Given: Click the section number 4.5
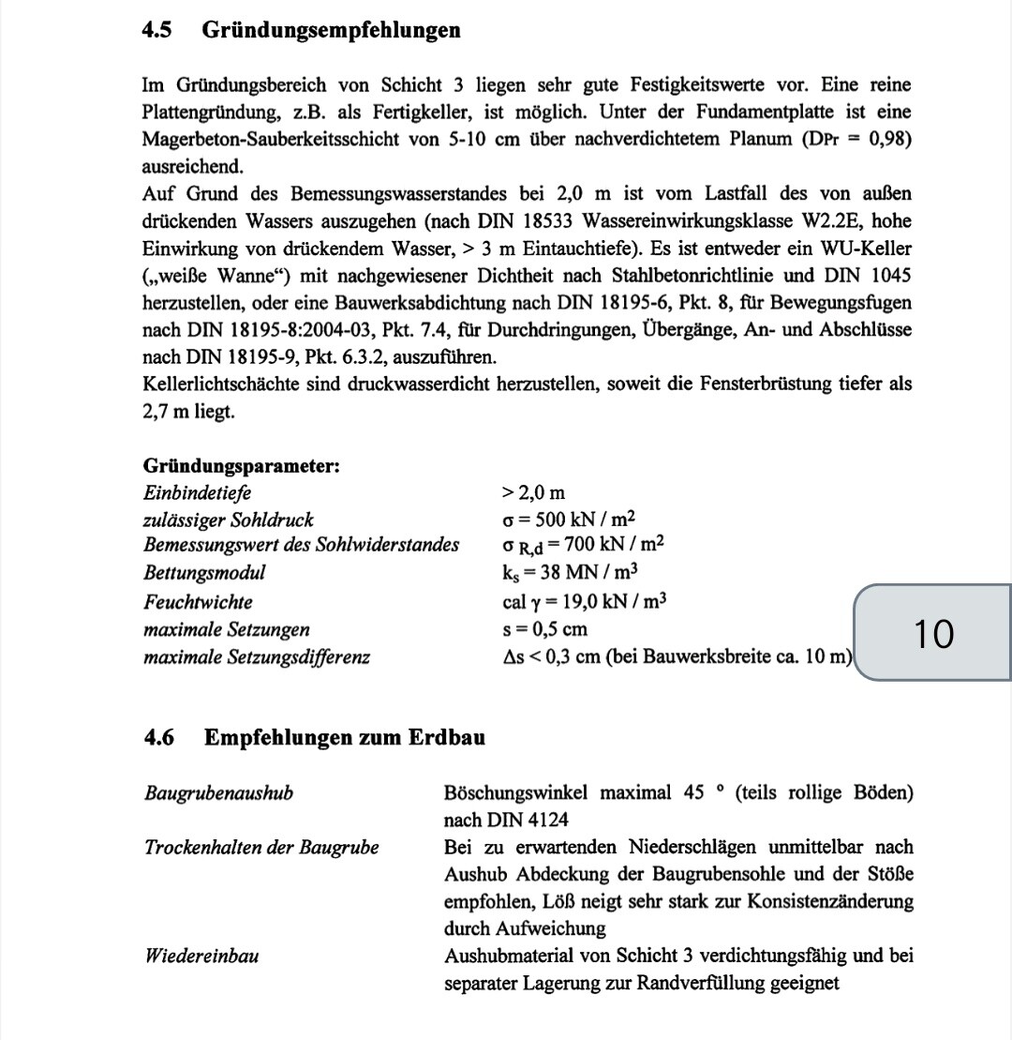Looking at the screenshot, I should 157,30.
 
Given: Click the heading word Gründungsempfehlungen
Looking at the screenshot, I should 332,30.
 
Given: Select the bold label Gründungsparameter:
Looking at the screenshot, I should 241,466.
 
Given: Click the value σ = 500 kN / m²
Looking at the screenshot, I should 570,520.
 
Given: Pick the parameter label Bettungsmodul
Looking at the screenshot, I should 204,573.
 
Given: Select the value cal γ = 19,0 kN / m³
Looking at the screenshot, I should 584,601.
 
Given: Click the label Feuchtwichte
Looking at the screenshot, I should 198,601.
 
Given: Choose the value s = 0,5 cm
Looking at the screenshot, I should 545,628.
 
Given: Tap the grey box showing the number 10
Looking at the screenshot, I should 933,633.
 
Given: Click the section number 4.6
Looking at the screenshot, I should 159,737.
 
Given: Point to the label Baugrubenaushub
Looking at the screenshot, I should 218,793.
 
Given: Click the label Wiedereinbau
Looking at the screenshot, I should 201,957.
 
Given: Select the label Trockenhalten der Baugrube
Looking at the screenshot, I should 261,848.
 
